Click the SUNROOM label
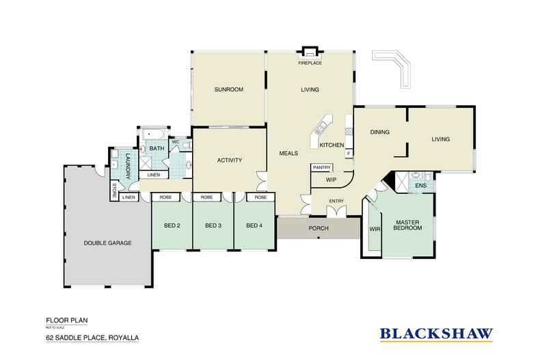tap(228, 89)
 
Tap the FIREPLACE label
tap(310, 62)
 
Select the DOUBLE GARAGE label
tap(107, 243)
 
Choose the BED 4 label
tap(254, 226)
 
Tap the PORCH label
tap(318, 228)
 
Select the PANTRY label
tap(321, 167)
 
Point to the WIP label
tap(331, 180)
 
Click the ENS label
tap(421, 185)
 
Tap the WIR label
tap(375, 229)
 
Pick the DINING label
tap(379, 133)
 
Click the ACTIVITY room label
tap(230, 161)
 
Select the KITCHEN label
tap(332, 146)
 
